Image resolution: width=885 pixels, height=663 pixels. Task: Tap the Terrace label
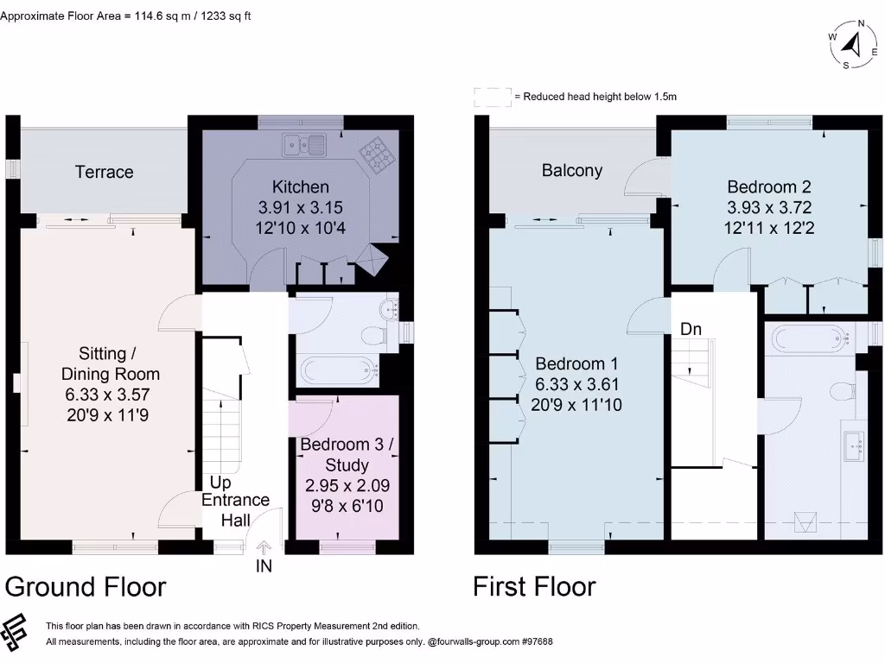click(105, 172)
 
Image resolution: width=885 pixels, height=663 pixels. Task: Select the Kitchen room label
click(300, 186)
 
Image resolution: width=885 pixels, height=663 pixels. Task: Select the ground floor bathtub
click(339, 371)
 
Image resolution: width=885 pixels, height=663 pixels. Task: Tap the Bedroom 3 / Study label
click(347, 454)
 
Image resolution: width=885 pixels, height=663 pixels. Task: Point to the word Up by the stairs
click(220, 483)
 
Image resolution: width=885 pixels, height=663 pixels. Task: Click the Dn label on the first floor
click(691, 329)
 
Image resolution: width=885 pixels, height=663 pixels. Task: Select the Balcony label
click(572, 170)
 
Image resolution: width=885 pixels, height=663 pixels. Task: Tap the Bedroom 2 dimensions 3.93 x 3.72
click(769, 207)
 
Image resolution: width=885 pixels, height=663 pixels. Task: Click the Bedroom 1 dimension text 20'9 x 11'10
click(577, 404)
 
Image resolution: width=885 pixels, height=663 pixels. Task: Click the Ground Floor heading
click(86, 587)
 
